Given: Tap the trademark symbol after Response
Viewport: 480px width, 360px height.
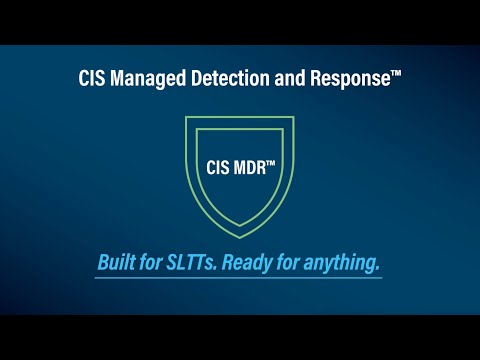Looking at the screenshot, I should point(396,72).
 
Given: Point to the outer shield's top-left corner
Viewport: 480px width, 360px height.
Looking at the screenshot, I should point(185,117).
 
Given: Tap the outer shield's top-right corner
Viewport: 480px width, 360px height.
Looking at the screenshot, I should point(295,117).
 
